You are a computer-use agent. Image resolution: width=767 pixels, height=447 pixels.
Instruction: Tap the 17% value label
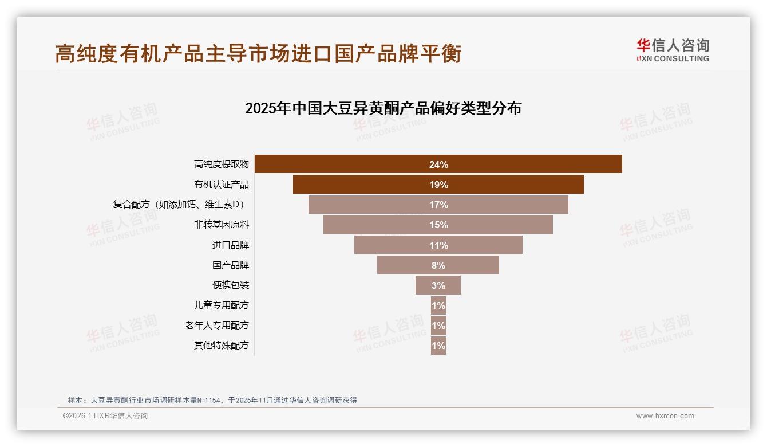coord(438,205)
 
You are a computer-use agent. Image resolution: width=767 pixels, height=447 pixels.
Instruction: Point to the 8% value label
coord(438,265)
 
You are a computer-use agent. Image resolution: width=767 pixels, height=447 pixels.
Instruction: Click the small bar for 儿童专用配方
coord(438,305)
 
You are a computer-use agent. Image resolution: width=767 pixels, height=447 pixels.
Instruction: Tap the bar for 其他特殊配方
coord(438,346)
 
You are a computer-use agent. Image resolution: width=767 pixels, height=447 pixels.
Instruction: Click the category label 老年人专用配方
coord(216,326)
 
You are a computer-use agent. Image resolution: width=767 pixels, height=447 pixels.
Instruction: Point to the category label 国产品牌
coord(231,265)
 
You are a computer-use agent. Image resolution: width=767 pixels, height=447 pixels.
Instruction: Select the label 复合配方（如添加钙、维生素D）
coord(181,205)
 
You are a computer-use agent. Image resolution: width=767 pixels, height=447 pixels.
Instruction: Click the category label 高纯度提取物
coord(221,164)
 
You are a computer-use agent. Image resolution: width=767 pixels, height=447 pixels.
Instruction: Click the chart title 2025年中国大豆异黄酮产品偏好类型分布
coord(383,108)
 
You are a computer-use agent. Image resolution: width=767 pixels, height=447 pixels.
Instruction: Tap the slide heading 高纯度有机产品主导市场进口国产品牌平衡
coord(258,54)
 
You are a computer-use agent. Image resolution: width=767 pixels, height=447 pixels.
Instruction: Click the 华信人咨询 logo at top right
coord(673,50)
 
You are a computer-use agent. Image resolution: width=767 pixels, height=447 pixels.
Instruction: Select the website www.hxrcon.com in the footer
coord(665,416)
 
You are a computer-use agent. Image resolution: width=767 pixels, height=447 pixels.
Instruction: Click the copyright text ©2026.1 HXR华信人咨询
coord(105,416)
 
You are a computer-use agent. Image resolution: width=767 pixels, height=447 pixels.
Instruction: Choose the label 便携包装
coord(231,285)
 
